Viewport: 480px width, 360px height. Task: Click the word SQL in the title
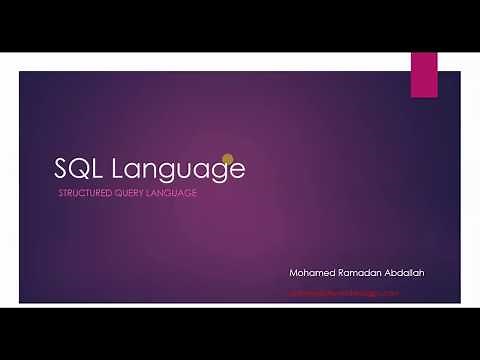coord(80,168)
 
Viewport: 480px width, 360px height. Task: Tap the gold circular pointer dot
coord(227,159)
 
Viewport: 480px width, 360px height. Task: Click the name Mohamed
coord(311,272)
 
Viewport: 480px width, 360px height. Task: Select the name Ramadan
coord(358,272)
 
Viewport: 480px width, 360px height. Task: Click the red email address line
coord(344,293)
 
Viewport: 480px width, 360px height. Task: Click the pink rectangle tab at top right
coord(424,74)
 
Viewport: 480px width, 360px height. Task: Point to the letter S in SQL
coord(62,168)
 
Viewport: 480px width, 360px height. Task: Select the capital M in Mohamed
coord(293,272)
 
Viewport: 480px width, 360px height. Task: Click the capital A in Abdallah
coord(386,272)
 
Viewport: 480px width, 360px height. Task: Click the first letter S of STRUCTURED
coord(62,193)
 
